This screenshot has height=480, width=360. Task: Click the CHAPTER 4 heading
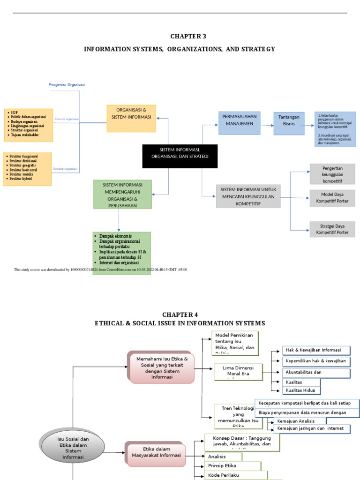point(180,315)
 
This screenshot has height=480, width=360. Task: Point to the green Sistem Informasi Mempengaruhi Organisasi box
point(122,195)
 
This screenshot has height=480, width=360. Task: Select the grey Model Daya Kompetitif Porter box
point(332,198)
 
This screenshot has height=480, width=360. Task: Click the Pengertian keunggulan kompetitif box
point(332,174)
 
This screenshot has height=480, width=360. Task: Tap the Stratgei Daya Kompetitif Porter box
point(332,229)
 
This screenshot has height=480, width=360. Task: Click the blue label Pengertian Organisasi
point(67,85)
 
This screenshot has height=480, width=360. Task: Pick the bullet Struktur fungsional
point(23,156)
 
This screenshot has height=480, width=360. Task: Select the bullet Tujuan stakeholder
point(25,135)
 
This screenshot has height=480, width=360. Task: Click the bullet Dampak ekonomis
point(115,236)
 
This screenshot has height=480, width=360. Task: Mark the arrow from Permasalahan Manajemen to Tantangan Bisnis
point(267,125)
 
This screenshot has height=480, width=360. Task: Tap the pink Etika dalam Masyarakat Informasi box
point(156,452)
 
